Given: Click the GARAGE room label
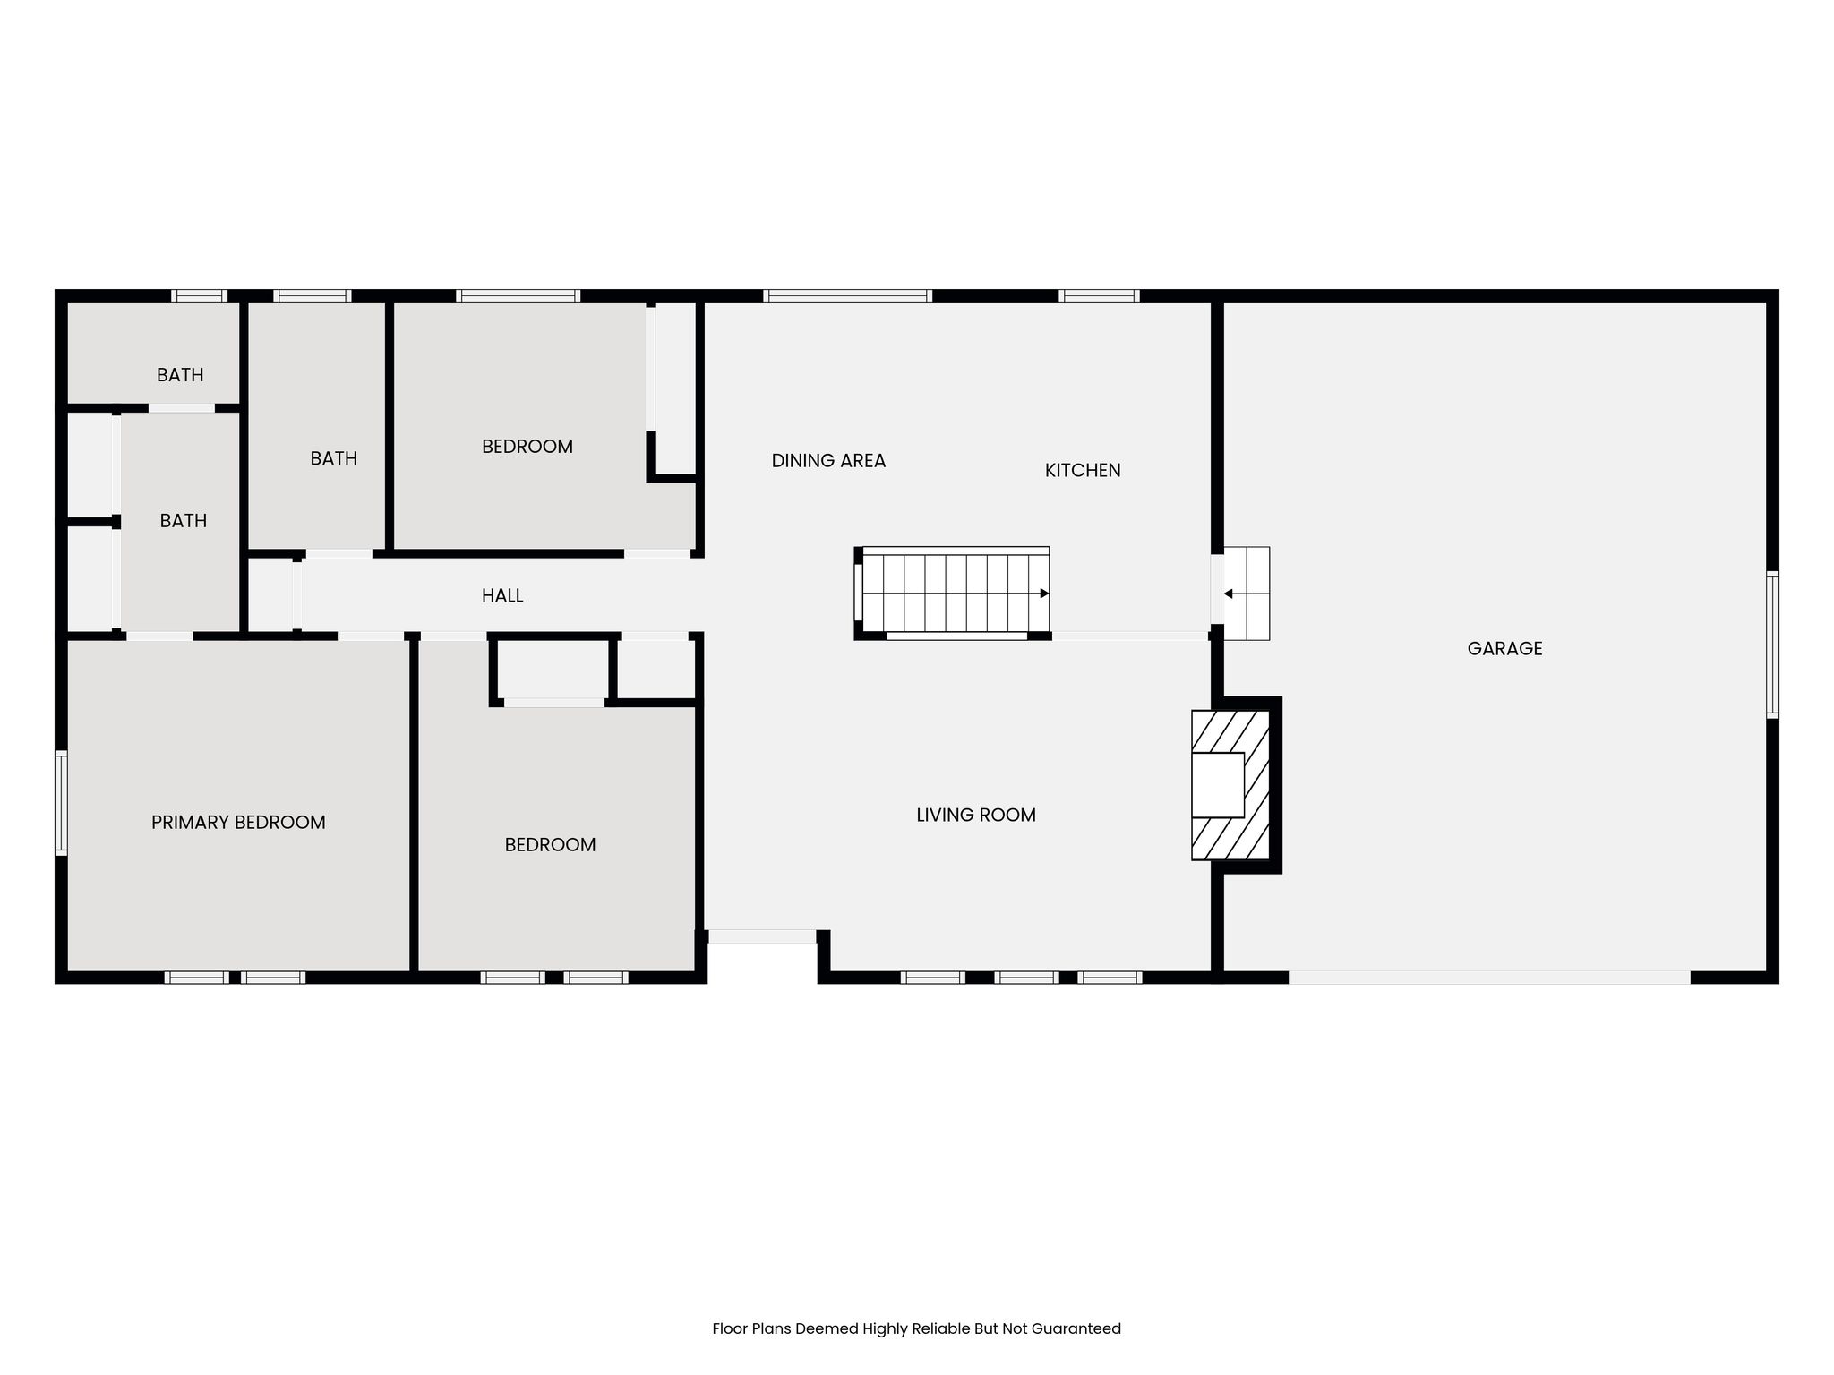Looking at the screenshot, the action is (1504, 649).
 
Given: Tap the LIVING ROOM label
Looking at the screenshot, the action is (976, 816).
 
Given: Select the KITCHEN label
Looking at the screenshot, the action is (1083, 471).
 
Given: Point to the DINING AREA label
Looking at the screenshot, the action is (828, 461).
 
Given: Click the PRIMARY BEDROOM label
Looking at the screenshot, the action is (238, 823).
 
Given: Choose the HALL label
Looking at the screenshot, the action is (502, 596).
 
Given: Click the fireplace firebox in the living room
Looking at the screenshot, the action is (1218, 785).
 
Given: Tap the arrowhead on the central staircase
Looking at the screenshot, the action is (1044, 594).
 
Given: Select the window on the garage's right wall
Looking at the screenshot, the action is (1772, 645).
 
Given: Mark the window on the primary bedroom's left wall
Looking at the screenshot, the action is (61, 803).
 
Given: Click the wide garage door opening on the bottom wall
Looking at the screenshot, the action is (1489, 978).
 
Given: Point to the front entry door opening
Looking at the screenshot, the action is (762, 936).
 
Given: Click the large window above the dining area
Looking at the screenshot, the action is (848, 295).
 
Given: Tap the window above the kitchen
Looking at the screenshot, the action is (1099, 295).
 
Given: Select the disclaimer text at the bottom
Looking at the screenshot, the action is (916, 1329).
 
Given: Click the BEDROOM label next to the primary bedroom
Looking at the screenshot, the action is (550, 845).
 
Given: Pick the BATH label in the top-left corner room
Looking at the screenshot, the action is (180, 375).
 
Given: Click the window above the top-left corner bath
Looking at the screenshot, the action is (199, 295).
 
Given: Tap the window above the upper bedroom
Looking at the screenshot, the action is (518, 295).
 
